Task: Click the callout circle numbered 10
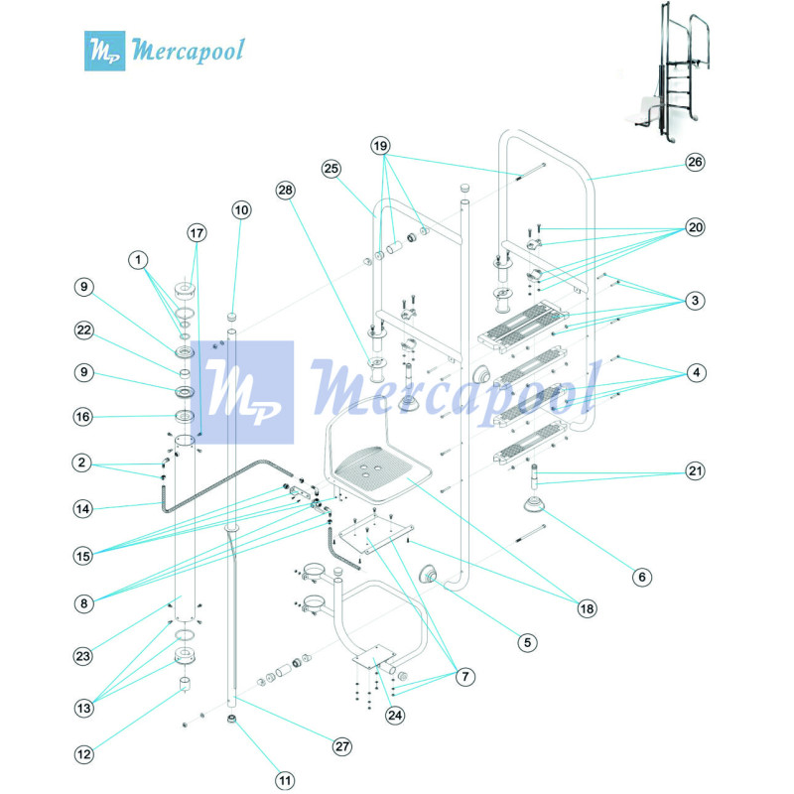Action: click(242, 209)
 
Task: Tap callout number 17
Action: click(197, 232)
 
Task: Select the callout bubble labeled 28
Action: click(286, 189)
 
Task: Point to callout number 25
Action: click(331, 170)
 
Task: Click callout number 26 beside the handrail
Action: click(695, 162)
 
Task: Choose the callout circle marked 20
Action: click(695, 227)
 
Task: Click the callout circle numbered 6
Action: click(641, 576)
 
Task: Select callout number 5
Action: click(529, 641)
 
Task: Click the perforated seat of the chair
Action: click(378, 465)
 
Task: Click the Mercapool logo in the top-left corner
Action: click(165, 49)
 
